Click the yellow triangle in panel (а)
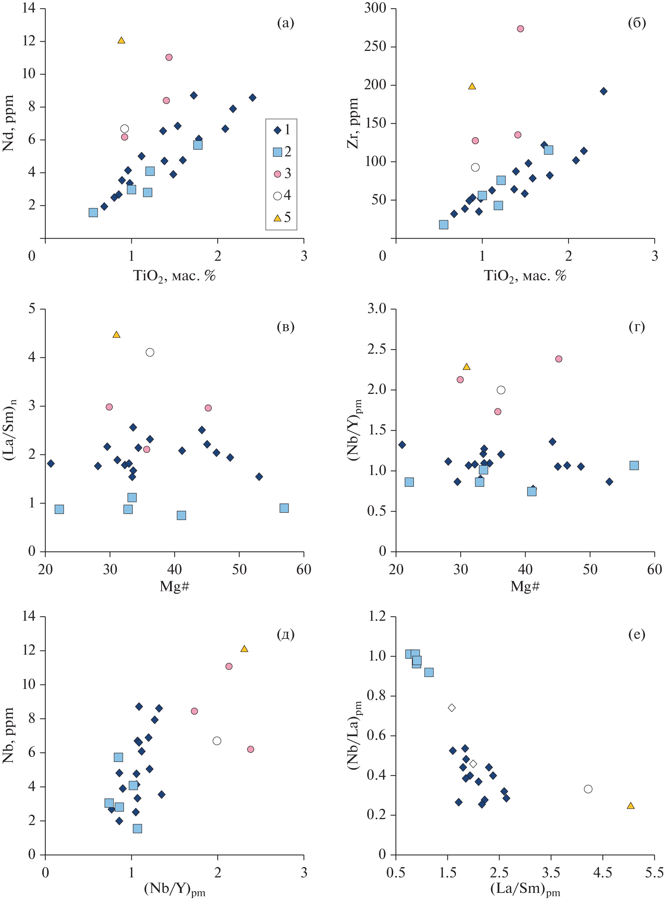click(x=121, y=41)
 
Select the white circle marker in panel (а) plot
click(x=125, y=129)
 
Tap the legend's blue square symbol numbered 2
click(x=277, y=152)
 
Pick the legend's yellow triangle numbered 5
click(x=277, y=218)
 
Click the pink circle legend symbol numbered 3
click(x=277, y=174)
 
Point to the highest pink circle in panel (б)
click(x=520, y=28)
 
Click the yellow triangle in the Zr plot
click(x=472, y=86)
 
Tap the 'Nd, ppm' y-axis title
click(x=9, y=124)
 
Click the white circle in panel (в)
click(x=150, y=353)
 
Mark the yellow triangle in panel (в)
click(x=117, y=335)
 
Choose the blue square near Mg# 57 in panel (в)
click(x=284, y=508)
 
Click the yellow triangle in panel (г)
click(x=466, y=367)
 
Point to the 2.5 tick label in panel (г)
click(x=376, y=349)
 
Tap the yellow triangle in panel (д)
click(x=244, y=649)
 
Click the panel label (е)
click(x=636, y=635)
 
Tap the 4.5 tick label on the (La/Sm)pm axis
click(x=602, y=873)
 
